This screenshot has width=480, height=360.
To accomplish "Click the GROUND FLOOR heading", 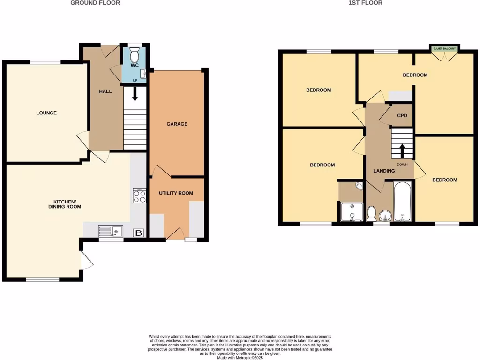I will [95, 3].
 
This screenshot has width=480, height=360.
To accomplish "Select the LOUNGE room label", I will [46, 113].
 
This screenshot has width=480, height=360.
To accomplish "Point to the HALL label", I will [105, 91].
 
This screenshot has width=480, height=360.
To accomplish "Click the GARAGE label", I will [177, 124].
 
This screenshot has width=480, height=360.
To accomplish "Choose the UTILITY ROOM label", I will [176, 193].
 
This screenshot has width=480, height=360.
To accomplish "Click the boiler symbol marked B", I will [139, 232].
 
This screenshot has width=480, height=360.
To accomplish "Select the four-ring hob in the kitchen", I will [139, 195].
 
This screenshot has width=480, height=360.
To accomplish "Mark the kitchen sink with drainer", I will [111, 231].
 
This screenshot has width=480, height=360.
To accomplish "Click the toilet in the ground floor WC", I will [135, 56].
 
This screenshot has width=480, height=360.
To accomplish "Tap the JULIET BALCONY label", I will [444, 48].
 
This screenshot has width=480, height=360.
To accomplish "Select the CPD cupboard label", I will [402, 115].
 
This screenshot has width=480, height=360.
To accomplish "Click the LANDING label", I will [383, 171].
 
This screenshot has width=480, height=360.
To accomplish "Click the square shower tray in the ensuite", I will [352, 211].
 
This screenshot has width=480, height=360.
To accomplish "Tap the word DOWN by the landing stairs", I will [402, 165].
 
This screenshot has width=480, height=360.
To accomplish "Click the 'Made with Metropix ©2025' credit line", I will [240, 358].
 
